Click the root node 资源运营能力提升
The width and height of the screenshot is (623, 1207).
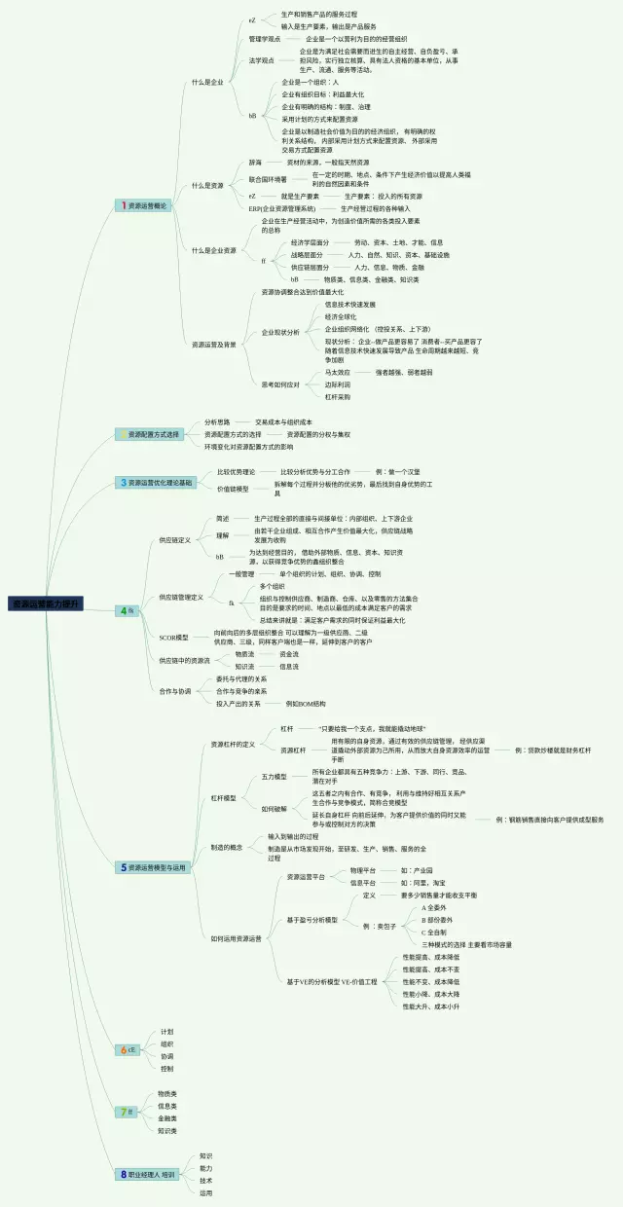click(45, 604)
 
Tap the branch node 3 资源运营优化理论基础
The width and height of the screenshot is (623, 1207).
click(156, 482)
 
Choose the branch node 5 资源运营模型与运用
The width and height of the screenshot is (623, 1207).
click(153, 866)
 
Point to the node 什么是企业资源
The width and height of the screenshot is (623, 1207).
click(213, 250)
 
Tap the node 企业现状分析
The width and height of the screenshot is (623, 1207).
click(280, 333)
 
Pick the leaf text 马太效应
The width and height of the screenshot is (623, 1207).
click(337, 372)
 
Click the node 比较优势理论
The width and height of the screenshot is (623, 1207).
click(236, 471)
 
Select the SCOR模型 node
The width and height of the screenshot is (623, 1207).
click(173, 637)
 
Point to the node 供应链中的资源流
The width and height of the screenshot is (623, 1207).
click(184, 660)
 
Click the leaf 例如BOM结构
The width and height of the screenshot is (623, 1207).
click(306, 703)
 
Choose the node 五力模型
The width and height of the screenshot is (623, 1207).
click(275, 776)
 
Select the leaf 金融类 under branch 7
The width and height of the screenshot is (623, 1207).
click(167, 1118)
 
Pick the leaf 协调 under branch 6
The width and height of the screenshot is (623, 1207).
click(167, 1055)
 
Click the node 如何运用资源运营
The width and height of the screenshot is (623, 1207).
click(236, 938)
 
